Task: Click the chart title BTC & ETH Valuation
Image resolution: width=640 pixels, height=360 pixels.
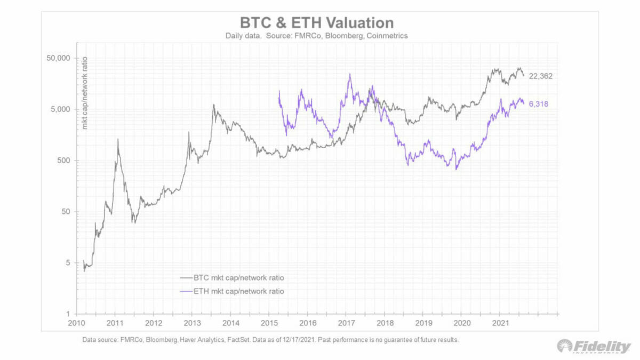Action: [x=317, y=23]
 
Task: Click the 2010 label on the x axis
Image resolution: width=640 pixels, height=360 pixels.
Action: [x=78, y=323]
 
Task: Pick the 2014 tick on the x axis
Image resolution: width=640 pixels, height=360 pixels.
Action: [x=230, y=323]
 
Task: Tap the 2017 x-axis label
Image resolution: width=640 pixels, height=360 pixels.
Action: [x=346, y=323]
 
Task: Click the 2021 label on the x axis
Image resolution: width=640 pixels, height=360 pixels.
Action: [x=500, y=323]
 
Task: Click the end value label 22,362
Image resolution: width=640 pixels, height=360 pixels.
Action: [x=540, y=76]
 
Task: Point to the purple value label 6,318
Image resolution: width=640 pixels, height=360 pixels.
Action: [x=538, y=104]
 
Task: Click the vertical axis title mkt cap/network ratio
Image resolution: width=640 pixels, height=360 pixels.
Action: [x=84, y=92]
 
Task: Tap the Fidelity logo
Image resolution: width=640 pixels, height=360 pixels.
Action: [x=593, y=346]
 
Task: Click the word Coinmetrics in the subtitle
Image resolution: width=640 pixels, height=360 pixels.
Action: [x=389, y=36]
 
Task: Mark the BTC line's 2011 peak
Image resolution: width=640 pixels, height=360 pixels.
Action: [x=118, y=139]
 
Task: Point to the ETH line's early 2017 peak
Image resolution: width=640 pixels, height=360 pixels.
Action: [x=350, y=74]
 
